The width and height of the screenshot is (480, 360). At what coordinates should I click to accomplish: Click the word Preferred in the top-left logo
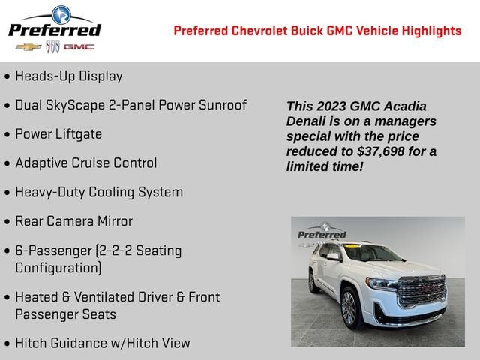(54, 30)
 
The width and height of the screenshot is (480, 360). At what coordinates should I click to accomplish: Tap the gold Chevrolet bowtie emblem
(28, 46)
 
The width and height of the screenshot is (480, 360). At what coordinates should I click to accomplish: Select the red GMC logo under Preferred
(79, 46)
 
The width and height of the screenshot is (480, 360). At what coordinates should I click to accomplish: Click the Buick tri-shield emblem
(52, 46)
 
